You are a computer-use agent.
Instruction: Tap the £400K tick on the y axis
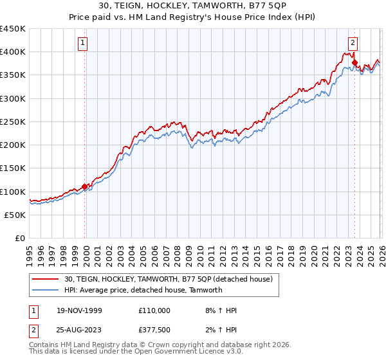tap(13, 52)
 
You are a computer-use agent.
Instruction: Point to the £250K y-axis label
tap(13, 122)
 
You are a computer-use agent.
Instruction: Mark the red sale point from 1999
tap(84, 187)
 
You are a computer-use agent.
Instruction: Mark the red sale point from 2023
tap(354, 62)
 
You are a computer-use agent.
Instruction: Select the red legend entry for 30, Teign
tap(169, 279)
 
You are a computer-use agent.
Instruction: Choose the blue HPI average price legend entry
tap(143, 290)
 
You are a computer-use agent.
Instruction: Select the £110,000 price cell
tap(154, 310)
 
